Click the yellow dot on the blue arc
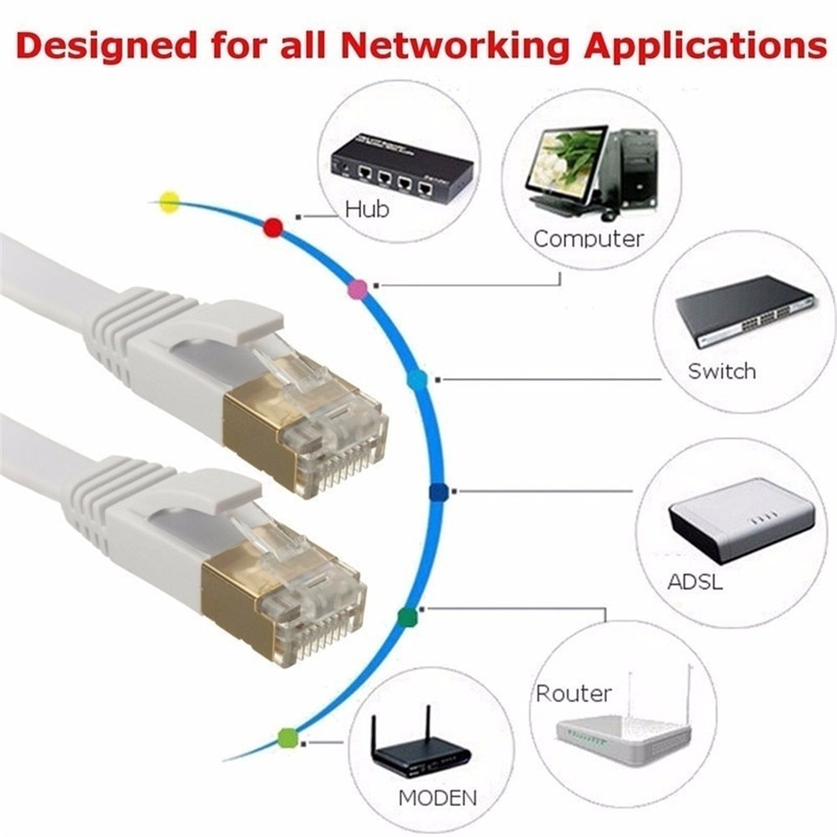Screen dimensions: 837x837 pos(170,202)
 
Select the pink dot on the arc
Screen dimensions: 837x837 pos(357,289)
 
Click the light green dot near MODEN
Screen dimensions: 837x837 pos(288,737)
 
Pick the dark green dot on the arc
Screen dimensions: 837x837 pos(407,617)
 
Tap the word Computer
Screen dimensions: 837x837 pos(589,238)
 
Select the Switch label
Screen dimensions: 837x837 pos(722,370)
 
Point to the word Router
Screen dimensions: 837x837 pos(574,693)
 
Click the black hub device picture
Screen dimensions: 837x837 pos(400,166)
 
